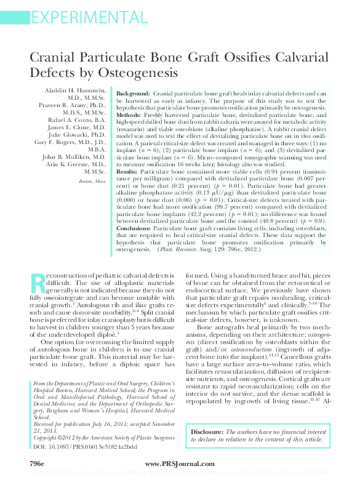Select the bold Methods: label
[x=129, y=115]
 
